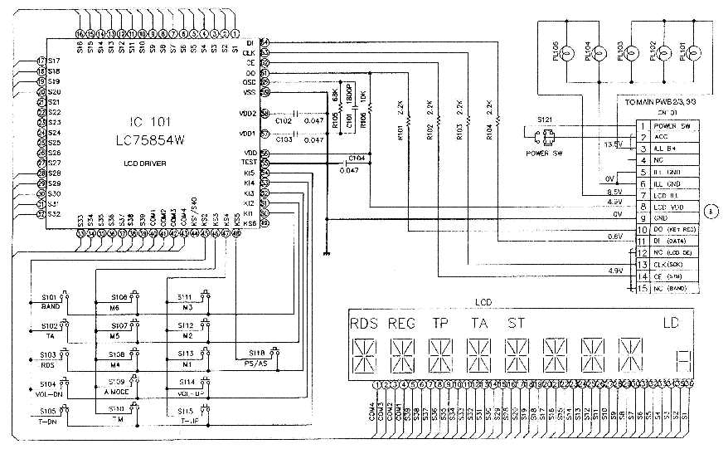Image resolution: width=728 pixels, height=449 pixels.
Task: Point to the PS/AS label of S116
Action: point(255,363)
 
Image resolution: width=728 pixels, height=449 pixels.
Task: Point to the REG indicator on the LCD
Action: point(401,323)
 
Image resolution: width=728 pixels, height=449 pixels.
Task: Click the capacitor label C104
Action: point(357,157)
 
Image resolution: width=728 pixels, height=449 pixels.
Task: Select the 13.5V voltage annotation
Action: point(612,144)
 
